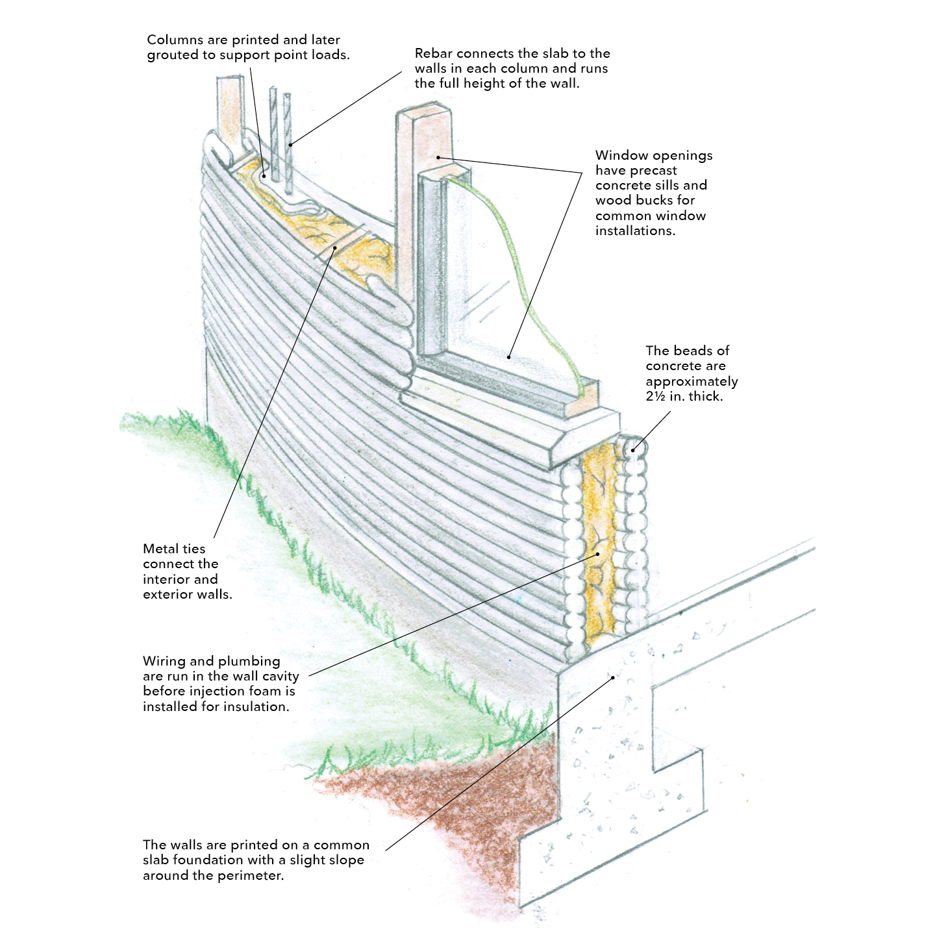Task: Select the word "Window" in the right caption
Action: point(621,156)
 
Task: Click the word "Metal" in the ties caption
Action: point(160,549)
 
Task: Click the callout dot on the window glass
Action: point(509,356)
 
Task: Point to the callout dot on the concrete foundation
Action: point(612,677)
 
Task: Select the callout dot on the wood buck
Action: point(438,156)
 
